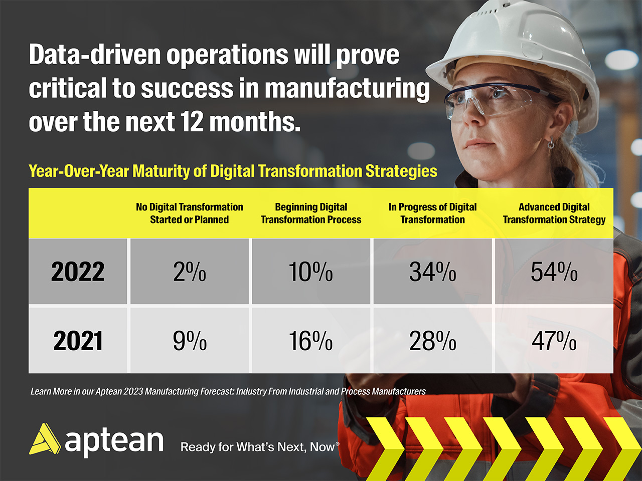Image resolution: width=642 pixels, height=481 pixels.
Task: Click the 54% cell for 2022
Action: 554,272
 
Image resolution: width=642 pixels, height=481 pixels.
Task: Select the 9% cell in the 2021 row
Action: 190,341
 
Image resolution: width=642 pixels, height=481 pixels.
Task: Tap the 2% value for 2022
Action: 190,272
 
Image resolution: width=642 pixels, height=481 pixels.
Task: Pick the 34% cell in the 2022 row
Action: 432,272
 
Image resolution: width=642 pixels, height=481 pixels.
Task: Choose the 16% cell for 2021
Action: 310,341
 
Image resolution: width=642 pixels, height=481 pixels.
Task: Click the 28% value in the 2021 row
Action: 432,341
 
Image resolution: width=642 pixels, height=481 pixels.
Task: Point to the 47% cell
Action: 554,341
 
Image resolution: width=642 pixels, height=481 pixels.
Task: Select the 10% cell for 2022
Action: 310,272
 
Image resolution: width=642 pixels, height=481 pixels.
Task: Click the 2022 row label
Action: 78,272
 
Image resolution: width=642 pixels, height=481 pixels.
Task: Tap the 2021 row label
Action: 78,341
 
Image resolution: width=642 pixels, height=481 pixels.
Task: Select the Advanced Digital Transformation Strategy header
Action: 554,213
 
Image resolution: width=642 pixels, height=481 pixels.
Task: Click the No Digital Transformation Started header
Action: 190,213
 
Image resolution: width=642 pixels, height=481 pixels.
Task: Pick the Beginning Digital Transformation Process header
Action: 311,213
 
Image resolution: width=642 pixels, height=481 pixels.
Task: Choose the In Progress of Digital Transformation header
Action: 432,213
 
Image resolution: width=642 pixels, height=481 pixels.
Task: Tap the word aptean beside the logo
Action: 114,441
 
